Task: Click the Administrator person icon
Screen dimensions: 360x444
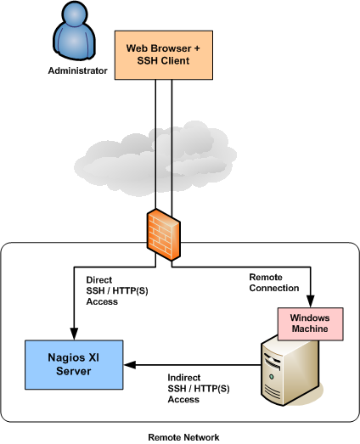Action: point(74,31)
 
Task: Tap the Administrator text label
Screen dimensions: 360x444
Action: point(77,70)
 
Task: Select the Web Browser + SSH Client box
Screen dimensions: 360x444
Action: point(164,55)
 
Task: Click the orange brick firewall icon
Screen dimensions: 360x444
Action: point(164,235)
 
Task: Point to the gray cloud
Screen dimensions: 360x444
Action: point(155,159)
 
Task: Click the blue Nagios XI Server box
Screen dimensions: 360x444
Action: point(74,365)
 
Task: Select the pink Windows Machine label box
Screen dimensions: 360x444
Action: point(311,323)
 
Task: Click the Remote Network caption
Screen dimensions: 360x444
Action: point(184,437)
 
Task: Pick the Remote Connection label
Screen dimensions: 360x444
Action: point(274,283)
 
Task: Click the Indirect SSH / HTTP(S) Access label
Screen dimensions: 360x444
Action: point(199,388)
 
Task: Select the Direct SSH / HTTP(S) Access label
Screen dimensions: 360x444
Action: point(117,291)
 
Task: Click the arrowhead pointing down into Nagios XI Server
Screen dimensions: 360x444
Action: point(74,334)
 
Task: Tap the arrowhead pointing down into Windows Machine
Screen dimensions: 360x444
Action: point(311,301)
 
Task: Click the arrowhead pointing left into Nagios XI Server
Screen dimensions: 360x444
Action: point(130,365)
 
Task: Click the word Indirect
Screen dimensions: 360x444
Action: point(184,378)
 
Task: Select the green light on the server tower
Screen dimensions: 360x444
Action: point(272,377)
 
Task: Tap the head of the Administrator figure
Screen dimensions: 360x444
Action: point(74,13)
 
